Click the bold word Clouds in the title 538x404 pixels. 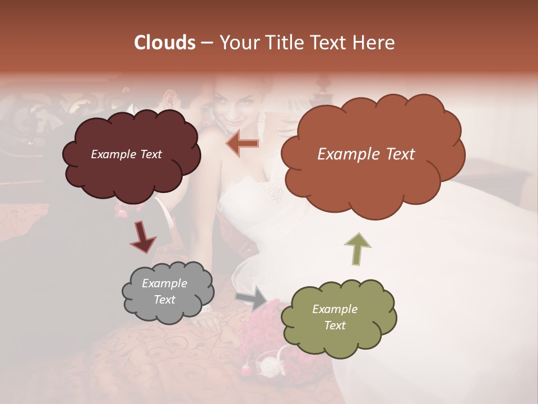click(164, 43)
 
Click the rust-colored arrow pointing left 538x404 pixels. click(243, 144)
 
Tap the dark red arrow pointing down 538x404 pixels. click(143, 236)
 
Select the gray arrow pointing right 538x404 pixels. click(252, 297)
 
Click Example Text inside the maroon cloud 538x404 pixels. click(126, 154)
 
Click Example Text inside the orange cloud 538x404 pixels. click(366, 154)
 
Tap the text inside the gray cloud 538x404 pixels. click(164, 292)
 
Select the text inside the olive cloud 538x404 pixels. click(335, 317)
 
